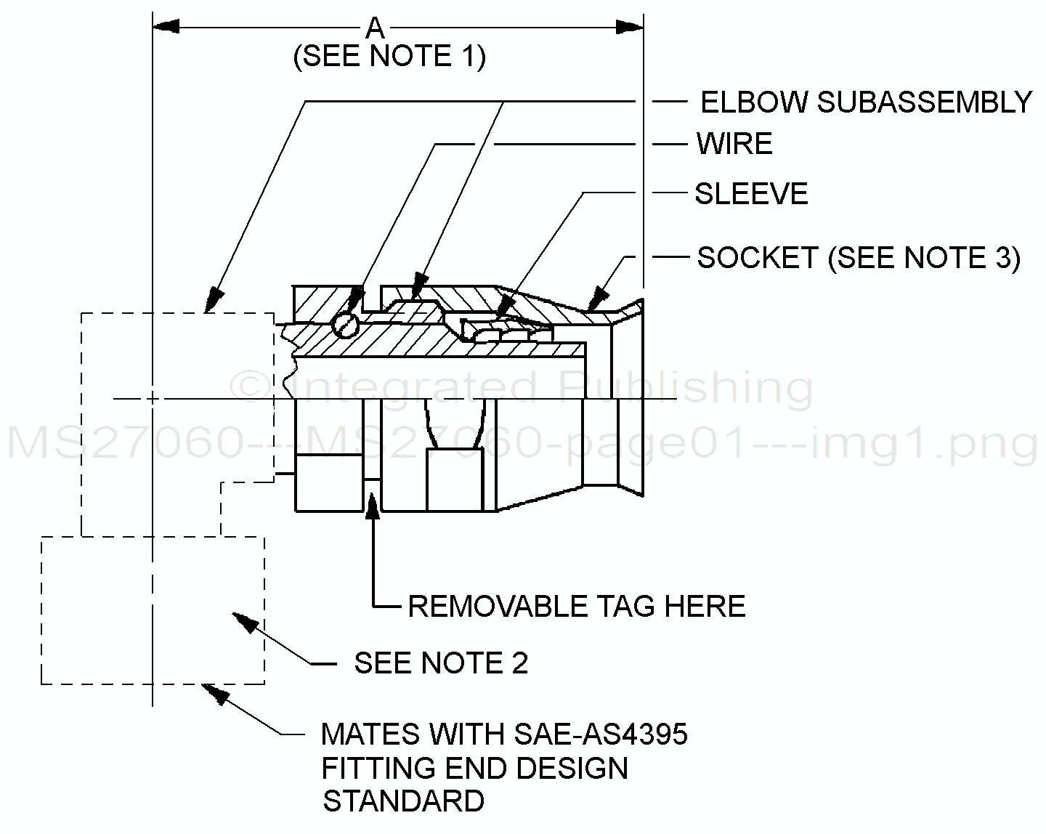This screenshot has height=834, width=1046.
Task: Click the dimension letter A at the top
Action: click(x=375, y=28)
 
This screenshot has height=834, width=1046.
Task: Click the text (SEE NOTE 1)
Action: click(x=389, y=57)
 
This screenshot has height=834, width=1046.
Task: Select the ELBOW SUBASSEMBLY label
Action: click(x=865, y=102)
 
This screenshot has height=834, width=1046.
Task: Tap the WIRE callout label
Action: click(x=734, y=144)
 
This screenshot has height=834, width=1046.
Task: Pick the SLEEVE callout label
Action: click(x=751, y=194)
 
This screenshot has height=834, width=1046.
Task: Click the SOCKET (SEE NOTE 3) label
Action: click(x=859, y=258)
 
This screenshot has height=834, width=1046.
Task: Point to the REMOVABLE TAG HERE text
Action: click(x=577, y=606)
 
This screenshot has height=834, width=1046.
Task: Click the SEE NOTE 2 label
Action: click(x=441, y=663)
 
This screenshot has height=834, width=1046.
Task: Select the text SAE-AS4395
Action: click(x=600, y=734)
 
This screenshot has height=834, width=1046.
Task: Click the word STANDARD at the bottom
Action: click(x=403, y=801)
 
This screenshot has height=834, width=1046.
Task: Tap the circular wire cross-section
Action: click(x=346, y=325)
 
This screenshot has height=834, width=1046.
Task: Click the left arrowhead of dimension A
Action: click(x=166, y=27)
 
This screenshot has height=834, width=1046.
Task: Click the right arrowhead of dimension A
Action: click(x=629, y=27)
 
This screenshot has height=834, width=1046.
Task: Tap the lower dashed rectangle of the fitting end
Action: click(x=153, y=610)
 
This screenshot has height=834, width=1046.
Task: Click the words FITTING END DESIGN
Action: click(x=474, y=768)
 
